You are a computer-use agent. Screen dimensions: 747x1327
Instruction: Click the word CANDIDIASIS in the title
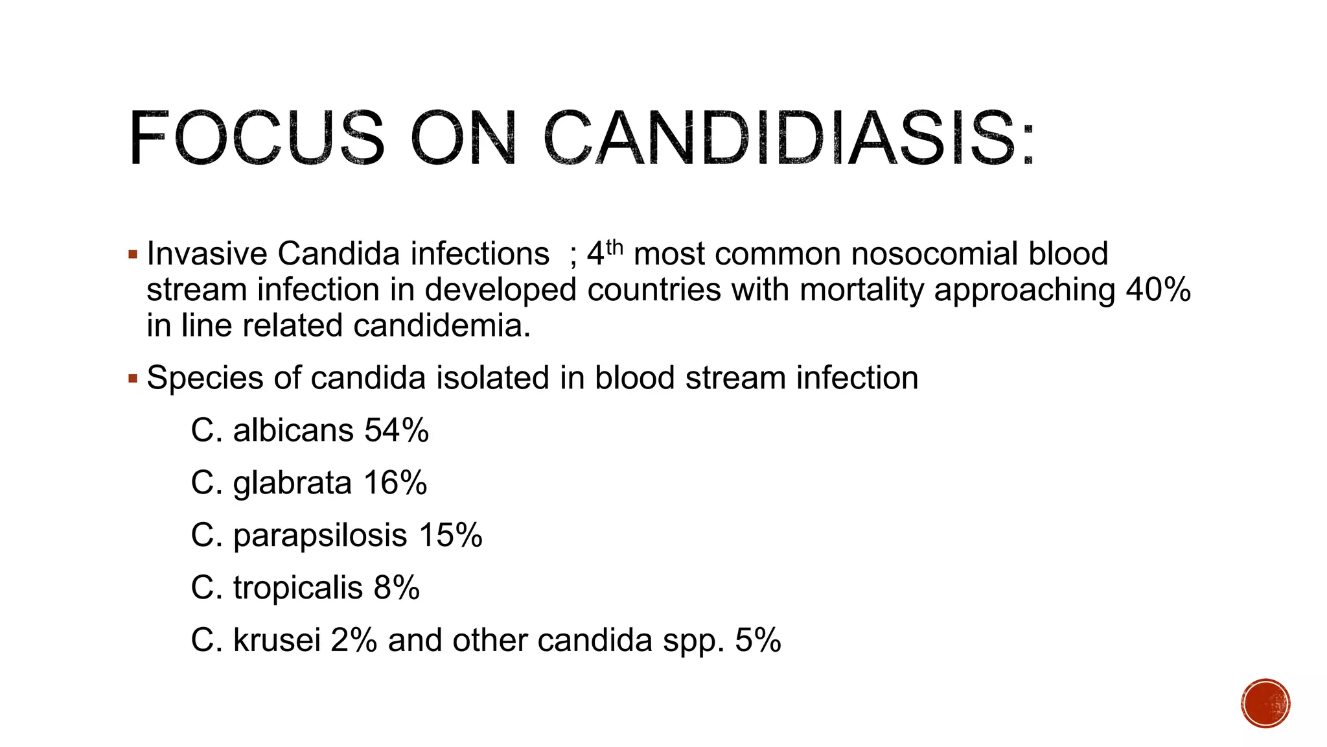click(789, 138)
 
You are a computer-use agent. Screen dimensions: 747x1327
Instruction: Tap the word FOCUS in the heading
click(257, 138)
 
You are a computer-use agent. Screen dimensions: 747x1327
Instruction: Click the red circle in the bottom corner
click(1265, 704)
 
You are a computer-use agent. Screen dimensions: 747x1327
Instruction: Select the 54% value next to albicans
click(397, 431)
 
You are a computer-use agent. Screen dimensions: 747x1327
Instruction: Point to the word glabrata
click(292, 484)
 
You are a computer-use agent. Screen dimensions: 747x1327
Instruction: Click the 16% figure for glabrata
click(395, 483)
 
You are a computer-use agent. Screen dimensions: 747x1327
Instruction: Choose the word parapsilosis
click(320, 536)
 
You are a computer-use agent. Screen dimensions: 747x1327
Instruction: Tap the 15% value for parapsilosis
click(450, 536)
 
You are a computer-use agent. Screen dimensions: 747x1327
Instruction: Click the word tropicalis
click(297, 588)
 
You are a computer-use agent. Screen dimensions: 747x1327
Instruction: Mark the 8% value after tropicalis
click(397, 588)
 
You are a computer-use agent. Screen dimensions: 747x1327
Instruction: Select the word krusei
click(277, 641)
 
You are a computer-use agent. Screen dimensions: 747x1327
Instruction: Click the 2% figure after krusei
click(354, 641)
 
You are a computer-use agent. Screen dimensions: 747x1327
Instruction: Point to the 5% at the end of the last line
click(757, 641)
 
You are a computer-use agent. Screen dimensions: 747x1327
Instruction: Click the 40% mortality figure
click(1158, 289)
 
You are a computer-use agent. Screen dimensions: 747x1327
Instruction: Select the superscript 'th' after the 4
click(614, 247)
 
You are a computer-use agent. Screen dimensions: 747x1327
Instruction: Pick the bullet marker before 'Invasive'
click(133, 254)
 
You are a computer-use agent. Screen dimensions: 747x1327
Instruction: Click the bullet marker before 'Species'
click(133, 378)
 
